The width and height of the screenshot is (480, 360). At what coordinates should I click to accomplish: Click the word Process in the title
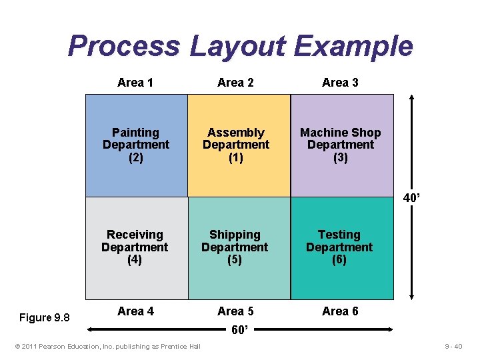123,47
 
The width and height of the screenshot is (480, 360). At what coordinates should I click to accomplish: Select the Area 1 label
135,83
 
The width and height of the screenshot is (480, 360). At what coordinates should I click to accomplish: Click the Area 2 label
235,83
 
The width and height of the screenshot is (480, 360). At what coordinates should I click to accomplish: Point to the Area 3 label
340,83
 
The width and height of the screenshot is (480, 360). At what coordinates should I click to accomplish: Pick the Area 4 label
135,311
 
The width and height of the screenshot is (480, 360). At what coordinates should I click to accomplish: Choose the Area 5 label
235,311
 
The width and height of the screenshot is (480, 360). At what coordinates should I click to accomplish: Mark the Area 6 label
340,311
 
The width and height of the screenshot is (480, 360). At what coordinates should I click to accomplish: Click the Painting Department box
136,145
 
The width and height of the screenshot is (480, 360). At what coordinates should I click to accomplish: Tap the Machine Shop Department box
341,145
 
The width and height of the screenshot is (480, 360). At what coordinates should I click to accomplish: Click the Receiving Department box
135,247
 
